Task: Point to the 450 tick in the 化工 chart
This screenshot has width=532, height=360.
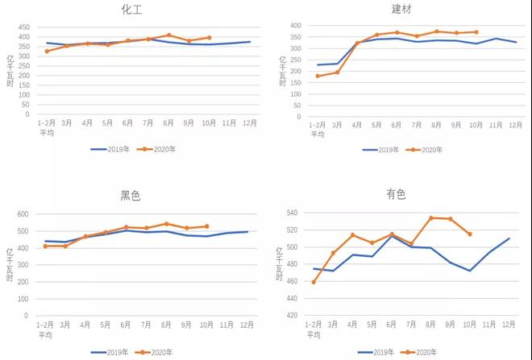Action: tap(24, 27)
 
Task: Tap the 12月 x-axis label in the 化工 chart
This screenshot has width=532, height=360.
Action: tap(249, 122)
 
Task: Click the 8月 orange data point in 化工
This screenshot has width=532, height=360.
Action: tap(168, 35)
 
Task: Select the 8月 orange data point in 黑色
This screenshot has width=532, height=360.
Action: tap(167, 224)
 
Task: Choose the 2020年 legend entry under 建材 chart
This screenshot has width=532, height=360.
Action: tap(426, 149)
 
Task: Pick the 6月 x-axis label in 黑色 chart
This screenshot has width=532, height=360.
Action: tap(127, 325)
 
